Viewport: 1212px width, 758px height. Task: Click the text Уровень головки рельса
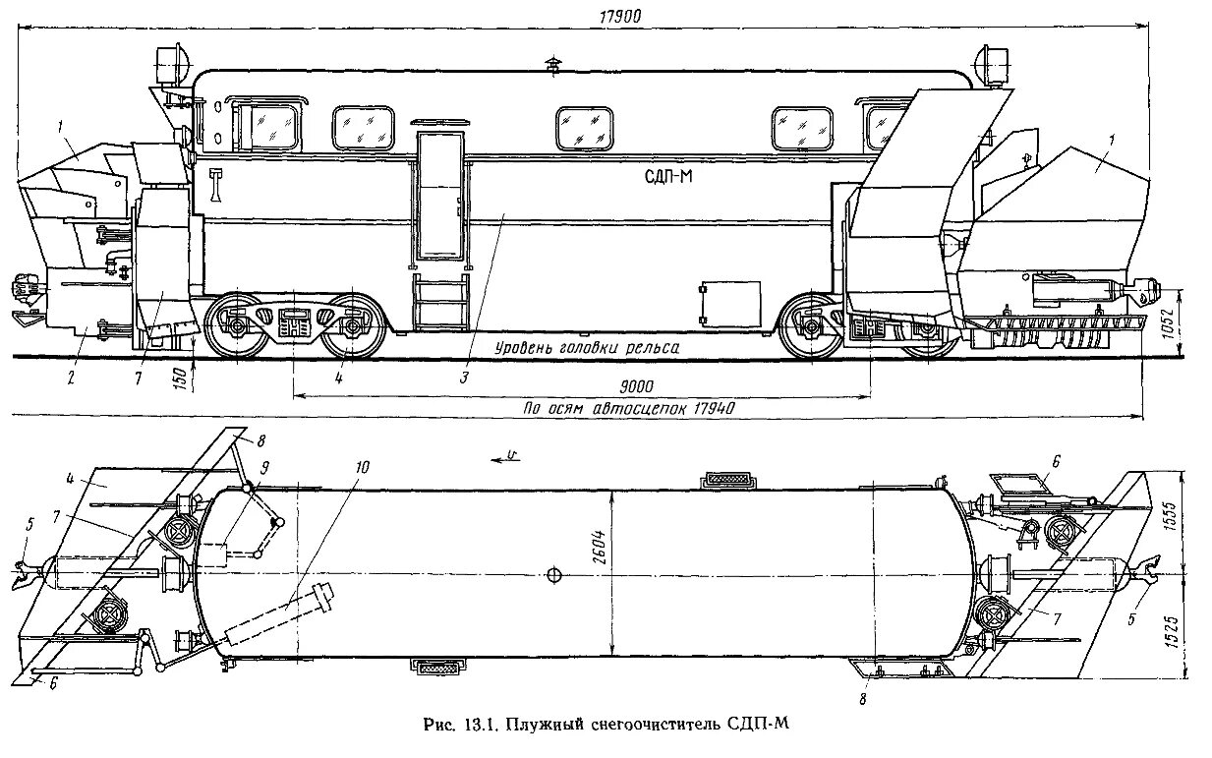point(587,346)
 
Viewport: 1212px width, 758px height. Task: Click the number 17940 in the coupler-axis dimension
point(707,408)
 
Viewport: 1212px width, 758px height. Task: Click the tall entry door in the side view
point(437,196)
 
